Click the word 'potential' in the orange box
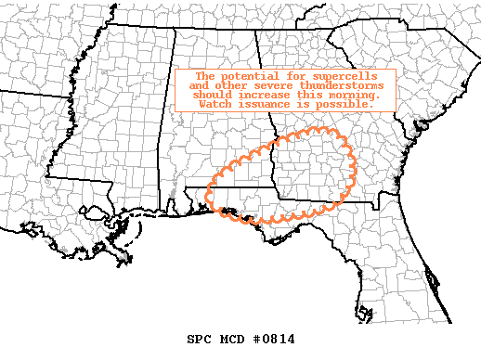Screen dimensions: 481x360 [241, 75]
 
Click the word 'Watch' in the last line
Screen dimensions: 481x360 [215, 103]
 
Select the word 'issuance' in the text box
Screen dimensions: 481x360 [268, 103]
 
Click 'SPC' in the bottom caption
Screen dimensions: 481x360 [199, 339]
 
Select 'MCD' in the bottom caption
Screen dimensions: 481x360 [232, 339]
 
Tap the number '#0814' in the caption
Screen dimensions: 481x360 [274, 339]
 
